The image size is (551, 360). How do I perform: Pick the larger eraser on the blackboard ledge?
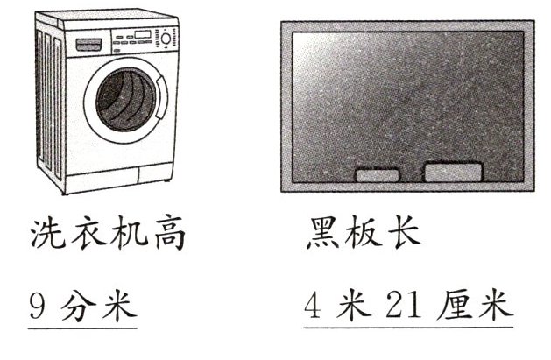(x=452, y=172)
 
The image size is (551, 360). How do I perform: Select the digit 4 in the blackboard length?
(x=314, y=307)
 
